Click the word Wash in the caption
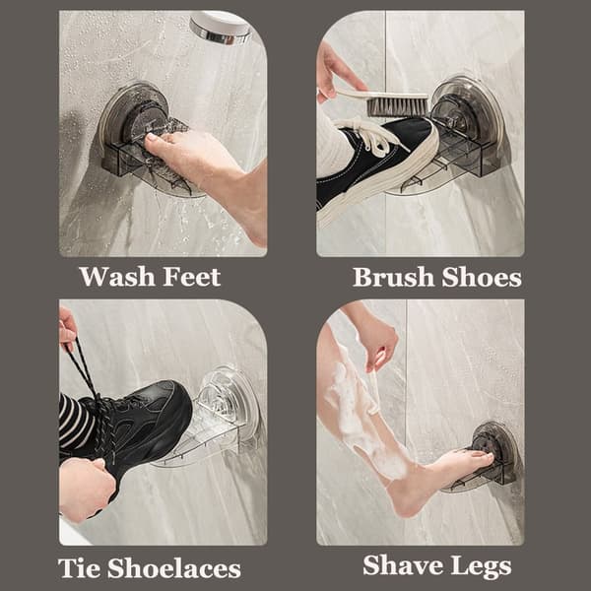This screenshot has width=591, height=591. point(117,277)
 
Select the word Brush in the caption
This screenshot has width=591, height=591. point(393,278)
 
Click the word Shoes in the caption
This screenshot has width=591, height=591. point(482,278)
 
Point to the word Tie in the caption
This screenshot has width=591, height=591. point(79,568)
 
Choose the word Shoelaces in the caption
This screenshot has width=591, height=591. point(174,568)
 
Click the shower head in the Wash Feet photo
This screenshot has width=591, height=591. point(221,28)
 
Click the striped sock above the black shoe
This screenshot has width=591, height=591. point(75,423)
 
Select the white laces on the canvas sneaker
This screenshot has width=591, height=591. point(371,135)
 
